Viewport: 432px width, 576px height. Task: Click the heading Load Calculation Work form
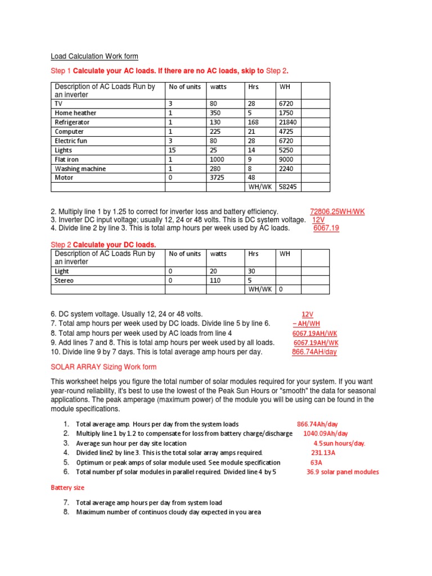(x=94, y=56)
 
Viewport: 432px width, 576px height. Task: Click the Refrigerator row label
(x=71, y=122)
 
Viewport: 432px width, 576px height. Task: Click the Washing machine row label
(x=80, y=169)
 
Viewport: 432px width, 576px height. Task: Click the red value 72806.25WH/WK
(x=337, y=211)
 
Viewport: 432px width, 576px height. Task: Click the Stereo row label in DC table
(x=64, y=280)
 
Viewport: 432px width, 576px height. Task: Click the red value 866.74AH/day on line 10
(x=314, y=352)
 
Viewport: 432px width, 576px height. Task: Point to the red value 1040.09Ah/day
(x=326, y=434)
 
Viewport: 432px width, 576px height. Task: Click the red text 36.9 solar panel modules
(x=343, y=472)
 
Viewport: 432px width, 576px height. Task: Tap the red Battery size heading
(x=67, y=488)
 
